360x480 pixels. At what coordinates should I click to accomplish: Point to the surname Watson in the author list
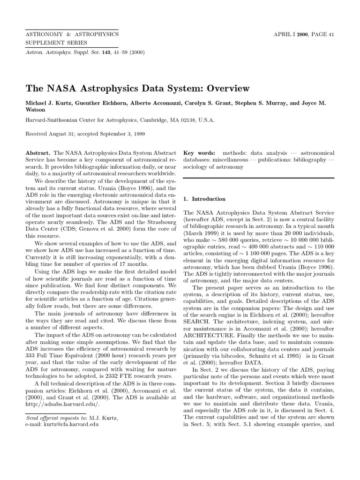point(36,110)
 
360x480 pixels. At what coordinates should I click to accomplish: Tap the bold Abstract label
point(38,153)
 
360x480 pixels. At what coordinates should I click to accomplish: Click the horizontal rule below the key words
point(259,178)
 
